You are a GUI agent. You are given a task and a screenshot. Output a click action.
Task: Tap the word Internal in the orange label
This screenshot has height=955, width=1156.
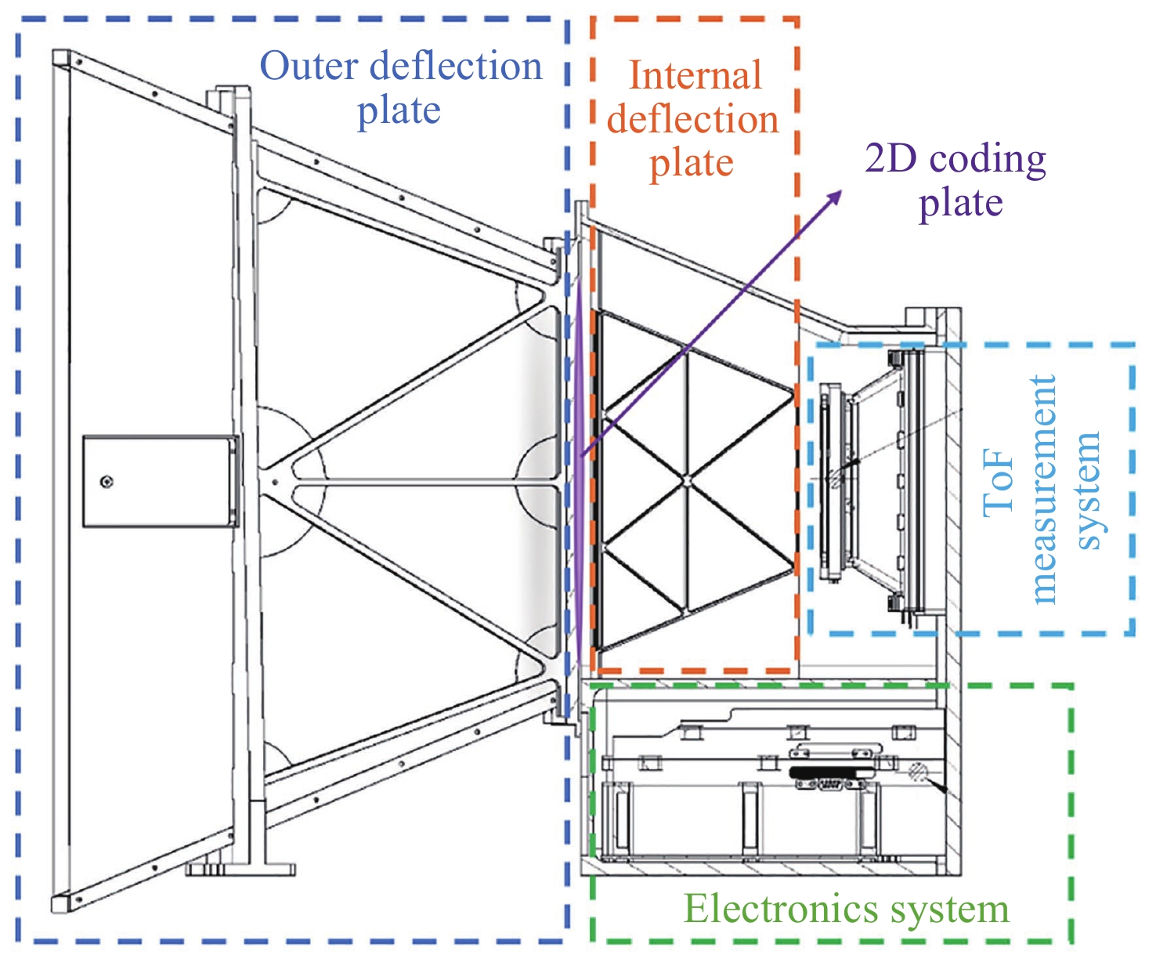pos(695,77)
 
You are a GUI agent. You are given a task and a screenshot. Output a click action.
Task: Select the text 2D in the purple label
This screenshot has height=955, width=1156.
pos(885,159)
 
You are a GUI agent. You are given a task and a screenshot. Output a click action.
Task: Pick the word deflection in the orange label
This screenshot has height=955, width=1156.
pos(693,120)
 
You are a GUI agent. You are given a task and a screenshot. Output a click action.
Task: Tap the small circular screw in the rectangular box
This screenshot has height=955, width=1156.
pos(107,482)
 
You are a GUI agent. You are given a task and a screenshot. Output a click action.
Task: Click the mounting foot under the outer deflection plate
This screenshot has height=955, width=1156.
pos(240,868)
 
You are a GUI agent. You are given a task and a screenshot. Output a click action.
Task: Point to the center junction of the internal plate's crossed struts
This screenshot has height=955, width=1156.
pos(686,481)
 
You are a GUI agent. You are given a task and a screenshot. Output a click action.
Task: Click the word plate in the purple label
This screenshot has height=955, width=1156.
pos(960,203)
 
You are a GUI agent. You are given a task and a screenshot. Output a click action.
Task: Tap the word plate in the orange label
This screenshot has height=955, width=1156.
pos(692,164)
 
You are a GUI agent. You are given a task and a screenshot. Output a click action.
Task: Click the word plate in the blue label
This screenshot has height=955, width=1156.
pos(399,111)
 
